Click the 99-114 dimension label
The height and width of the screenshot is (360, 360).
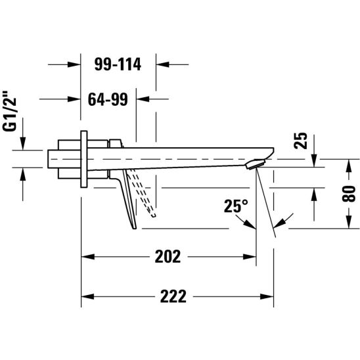point(118,64)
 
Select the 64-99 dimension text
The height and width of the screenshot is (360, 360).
point(108,99)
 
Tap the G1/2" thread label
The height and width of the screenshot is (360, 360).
point(10,111)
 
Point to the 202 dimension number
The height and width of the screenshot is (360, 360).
point(168,256)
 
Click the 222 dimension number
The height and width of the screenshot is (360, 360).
point(173,296)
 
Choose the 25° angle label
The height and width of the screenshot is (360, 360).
point(236,206)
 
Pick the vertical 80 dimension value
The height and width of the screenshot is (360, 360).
point(349,194)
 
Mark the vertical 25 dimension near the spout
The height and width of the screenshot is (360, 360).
point(300,141)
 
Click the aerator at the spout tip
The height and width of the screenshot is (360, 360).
point(255,164)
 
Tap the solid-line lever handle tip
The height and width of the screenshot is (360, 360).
point(134,228)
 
